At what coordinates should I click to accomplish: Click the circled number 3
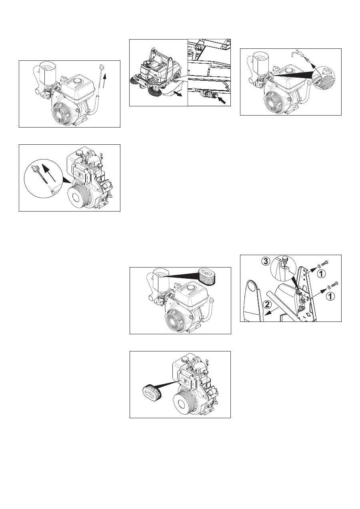coord(266,261)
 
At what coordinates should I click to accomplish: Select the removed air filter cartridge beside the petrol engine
coord(207,275)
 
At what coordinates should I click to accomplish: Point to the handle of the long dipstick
coord(101,67)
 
